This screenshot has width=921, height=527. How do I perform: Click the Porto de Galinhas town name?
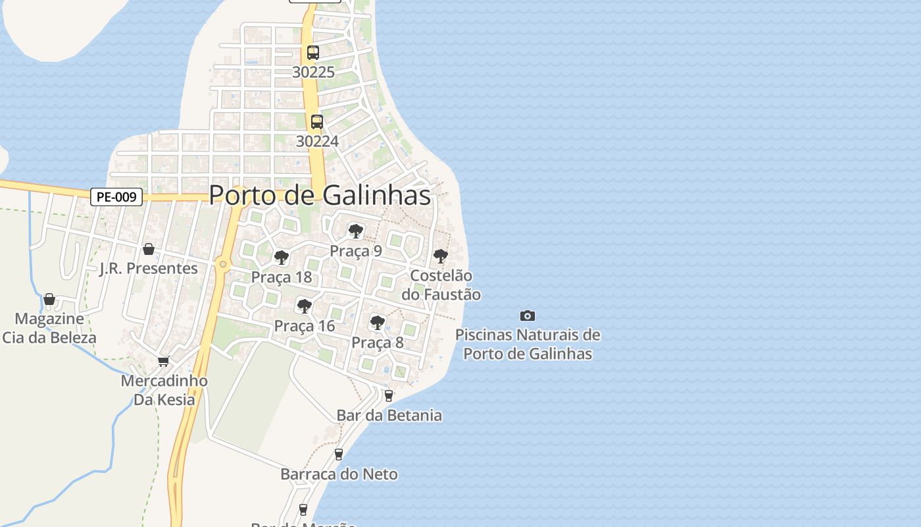[x=320, y=196]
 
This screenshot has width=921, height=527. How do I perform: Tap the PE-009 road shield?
[x=116, y=196]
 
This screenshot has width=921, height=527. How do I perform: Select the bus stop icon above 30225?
[x=313, y=53]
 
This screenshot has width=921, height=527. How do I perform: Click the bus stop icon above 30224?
[x=317, y=122]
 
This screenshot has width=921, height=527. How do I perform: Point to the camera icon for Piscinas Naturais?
[x=528, y=316]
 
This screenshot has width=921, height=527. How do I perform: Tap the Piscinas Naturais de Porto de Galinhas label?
[x=528, y=344]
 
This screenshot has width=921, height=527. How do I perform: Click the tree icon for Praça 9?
[x=356, y=231]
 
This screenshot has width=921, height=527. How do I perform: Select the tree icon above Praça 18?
[x=282, y=257]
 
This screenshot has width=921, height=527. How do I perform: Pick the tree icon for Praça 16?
[x=304, y=306]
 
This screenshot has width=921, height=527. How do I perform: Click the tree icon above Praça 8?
[x=377, y=322]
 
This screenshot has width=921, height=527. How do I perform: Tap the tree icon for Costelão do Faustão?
[x=441, y=256]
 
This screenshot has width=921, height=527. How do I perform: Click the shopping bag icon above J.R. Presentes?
[x=149, y=249]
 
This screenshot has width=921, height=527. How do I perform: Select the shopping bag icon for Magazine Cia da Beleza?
[x=49, y=300]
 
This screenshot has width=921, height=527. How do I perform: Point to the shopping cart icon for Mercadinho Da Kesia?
[x=163, y=361]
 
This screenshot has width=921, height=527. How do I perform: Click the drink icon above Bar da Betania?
[x=389, y=396]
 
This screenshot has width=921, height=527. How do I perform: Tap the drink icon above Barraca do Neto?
[x=339, y=454]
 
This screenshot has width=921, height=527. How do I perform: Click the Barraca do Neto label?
[x=339, y=474]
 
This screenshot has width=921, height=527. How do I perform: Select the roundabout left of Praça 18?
[x=224, y=264]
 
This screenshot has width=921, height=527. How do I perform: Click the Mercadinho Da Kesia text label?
[x=164, y=390]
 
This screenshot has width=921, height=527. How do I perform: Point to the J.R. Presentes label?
[x=148, y=268]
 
